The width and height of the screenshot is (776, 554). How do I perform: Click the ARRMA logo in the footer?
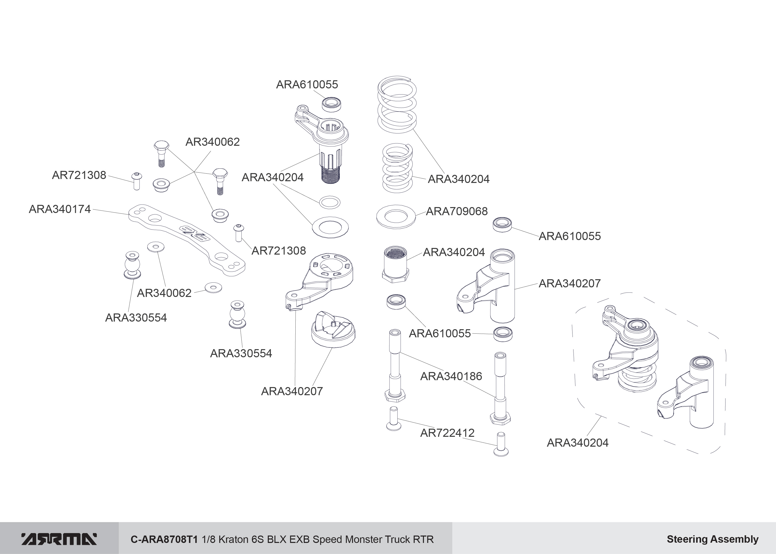click(59, 539)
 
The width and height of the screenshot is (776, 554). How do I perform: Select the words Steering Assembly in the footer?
click(712, 539)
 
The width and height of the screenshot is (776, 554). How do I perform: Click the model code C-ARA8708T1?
click(164, 539)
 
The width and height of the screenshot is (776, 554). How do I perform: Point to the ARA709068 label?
click(456, 212)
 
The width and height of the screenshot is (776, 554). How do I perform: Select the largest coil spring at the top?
click(397, 105)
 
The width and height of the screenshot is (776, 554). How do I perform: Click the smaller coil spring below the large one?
click(397, 168)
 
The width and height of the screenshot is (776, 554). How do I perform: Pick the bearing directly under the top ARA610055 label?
click(332, 104)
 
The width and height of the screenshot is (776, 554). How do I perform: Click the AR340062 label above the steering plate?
click(212, 142)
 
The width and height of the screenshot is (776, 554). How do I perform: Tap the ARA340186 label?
click(451, 376)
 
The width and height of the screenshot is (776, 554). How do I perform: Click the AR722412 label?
click(447, 433)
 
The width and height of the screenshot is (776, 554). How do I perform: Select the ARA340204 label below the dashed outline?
click(577, 443)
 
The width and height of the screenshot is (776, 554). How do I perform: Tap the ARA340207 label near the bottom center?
click(292, 391)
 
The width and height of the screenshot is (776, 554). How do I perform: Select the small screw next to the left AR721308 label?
click(136, 181)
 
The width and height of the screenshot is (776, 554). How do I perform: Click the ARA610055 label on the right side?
click(570, 236)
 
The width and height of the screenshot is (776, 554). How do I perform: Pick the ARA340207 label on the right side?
click(570, 283)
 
